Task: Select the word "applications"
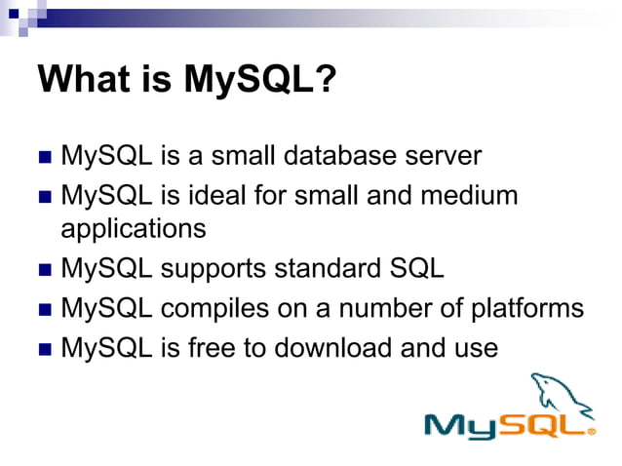pos(134,229)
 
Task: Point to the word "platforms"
pos(525,309)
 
